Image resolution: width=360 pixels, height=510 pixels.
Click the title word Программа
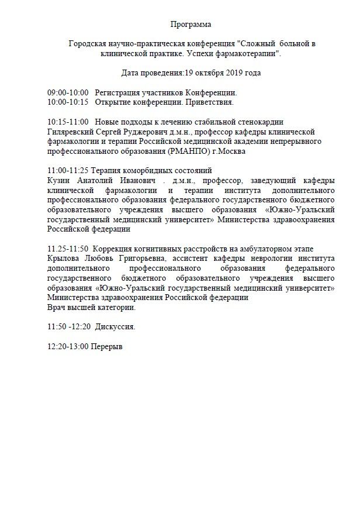tap(191, 24)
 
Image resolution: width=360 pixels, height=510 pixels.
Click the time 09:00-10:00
tap(68, 93)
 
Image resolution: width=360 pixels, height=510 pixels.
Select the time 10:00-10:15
tap(68, 102)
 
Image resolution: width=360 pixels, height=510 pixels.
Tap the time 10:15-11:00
tap(68, 122)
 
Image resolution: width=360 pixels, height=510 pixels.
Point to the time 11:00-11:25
tap(68, 170)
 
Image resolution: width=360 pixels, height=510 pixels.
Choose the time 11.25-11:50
tap(68, 248)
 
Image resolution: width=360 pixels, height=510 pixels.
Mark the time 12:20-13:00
tap(68, 346)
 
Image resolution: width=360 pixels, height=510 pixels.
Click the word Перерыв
tap(107, 346)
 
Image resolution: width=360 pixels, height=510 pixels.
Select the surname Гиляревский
tap(71, 132)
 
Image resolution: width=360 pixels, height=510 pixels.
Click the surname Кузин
tap(58, 180)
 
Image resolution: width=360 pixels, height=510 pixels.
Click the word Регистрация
tap(117, 93)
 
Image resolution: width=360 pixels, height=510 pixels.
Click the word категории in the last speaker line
tap(118, 306)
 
